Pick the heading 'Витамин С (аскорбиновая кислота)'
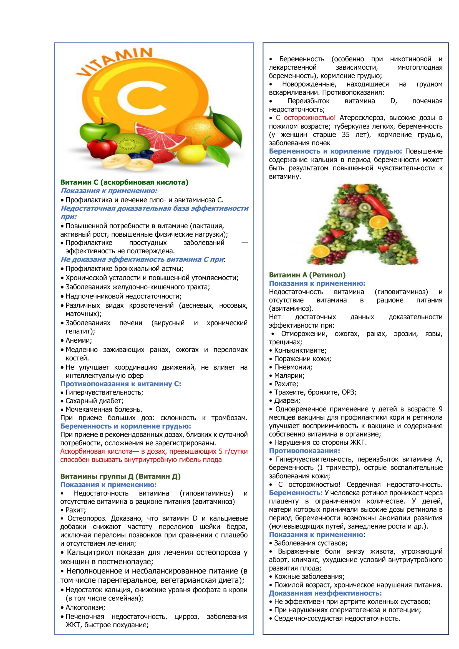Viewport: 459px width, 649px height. coord(124,182)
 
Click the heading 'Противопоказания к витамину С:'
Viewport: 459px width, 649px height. coord(121,384)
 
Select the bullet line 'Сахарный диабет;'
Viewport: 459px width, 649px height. coord(94,401)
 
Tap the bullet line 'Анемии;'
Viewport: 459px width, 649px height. coord(79,340)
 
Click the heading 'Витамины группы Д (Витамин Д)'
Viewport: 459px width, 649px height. coord(120,476)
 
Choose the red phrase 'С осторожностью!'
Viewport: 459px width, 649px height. coord(306,118)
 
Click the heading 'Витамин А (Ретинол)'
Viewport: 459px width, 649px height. coord(307,275)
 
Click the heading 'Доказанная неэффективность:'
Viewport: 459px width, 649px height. coord(325,593)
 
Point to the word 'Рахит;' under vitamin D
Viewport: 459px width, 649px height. coord(76,510)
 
